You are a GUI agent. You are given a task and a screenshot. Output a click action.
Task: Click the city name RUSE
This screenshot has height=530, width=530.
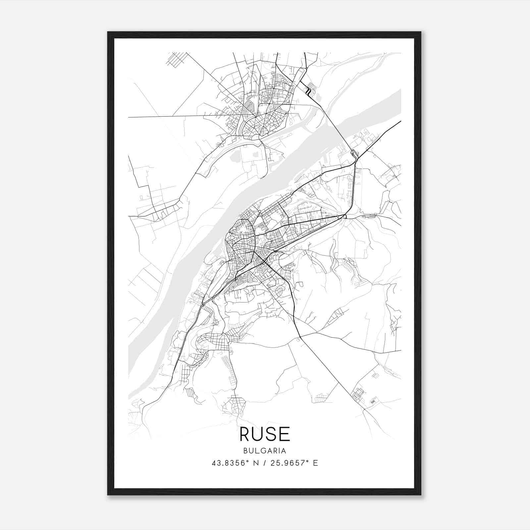265,434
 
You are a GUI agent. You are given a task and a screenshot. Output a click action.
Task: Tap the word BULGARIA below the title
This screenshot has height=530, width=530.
265,451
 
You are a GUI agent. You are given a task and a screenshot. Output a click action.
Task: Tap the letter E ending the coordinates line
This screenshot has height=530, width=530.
315,463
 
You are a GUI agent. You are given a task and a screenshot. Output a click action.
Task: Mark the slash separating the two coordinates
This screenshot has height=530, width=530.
264,463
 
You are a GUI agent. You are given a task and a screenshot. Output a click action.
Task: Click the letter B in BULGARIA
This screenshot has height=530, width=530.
245,451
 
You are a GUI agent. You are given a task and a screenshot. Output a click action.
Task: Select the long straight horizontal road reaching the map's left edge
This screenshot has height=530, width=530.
166,116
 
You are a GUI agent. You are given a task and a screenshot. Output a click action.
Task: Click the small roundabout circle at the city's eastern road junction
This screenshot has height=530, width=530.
344,216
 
